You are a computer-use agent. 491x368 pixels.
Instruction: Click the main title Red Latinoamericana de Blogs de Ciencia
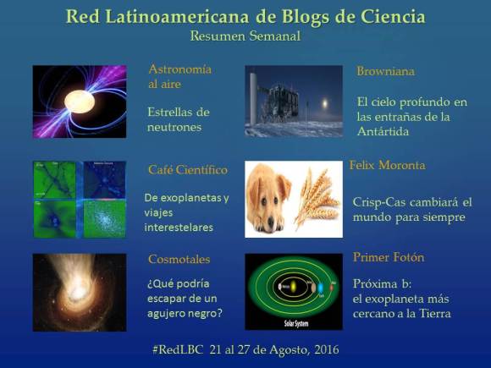pos(245,17)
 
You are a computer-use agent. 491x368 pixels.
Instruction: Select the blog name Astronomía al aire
pos(179,76)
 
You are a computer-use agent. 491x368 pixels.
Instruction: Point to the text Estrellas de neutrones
pos(178,119)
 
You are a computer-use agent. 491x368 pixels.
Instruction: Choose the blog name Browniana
pos(384,72)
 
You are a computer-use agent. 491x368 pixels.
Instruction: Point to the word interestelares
pos(178,228)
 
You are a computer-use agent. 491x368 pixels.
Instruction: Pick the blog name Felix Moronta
pos(387,164)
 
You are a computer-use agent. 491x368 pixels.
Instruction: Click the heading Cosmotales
pos(179,260)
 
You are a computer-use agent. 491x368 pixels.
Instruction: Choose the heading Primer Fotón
pos(389,257)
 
